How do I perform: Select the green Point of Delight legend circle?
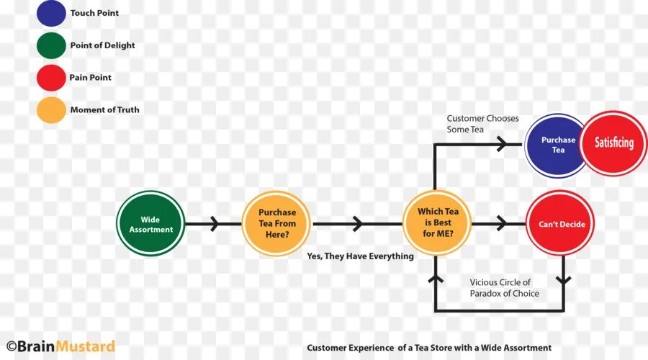(x=51, y=45)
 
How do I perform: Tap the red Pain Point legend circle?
(x=51, y=78)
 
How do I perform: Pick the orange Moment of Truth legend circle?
(x=51, y=109)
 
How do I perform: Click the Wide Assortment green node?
(x=151, y=224)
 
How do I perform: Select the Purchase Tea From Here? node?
(x=277, y=223)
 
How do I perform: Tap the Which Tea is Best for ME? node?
(x=438, y=222)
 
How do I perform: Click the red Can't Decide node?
(x=561, y=224)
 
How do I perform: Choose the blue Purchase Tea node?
(x=557, y=145)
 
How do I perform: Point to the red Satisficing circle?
(x=614, y=143)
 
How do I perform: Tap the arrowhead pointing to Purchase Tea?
(x=498, y=143)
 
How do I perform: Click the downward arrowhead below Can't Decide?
(x=563, y=279)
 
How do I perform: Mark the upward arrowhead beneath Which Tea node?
(x=435, y=267)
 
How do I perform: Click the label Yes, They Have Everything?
(x=360, y=256)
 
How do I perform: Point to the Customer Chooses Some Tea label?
(x=482, y=124)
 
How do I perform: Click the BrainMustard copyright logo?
(x=60, y=346)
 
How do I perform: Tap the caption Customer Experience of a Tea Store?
(x=429, y=348)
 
